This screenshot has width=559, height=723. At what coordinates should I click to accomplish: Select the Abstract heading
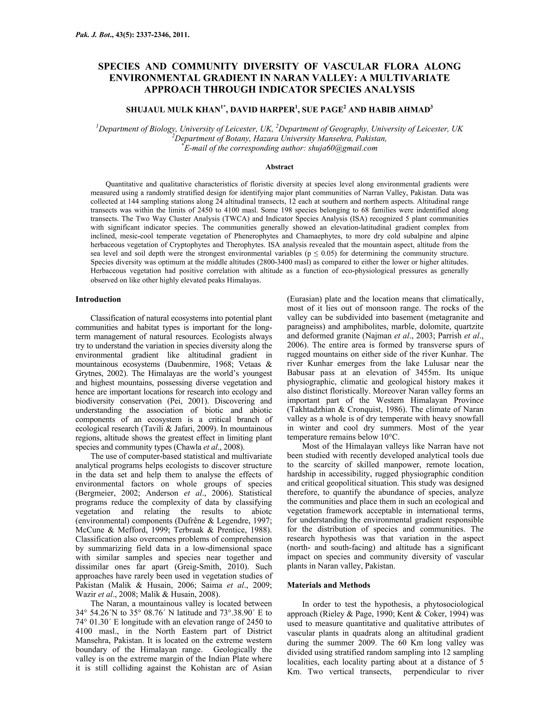279,167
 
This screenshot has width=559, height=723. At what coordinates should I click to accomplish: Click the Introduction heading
98,299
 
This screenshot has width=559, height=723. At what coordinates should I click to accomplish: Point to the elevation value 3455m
422,372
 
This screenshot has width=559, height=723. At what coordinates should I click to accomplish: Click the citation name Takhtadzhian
314,409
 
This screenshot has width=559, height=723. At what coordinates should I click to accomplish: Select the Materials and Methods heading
329,585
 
